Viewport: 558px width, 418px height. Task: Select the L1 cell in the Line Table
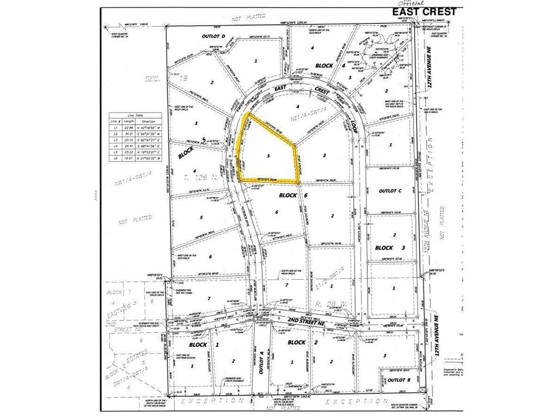pyautogui.click(x=114, y=127)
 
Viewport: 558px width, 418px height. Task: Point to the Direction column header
pyautogui.click(x=148, y=121)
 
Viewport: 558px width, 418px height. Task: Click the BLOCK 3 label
pyautogui.click(x=389, y=248)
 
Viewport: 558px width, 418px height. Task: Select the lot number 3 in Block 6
pyautogui.click(x=325, y=156)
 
